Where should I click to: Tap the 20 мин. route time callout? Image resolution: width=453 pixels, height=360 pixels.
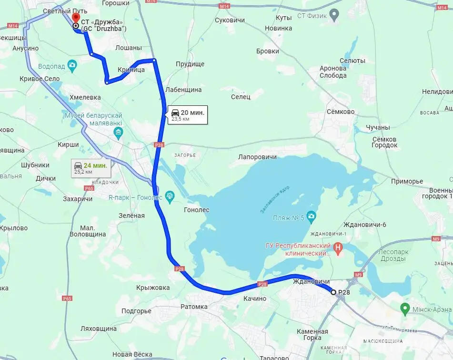pos(187,115)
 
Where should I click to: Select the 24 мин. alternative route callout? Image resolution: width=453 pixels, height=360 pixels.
pos(91,168)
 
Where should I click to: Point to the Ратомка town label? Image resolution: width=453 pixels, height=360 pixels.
pos(194,307)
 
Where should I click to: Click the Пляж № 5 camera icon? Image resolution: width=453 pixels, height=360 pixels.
pos(311,217)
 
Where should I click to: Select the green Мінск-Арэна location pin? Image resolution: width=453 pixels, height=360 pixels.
pos(404,309)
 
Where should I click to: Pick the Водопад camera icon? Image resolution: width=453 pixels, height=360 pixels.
pos(72,65)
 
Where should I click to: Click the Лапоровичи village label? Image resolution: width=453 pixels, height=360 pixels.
pos(257,156)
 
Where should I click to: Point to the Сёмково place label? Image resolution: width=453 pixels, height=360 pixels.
pos(341,112)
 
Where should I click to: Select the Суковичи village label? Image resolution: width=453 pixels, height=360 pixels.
pos(230,21)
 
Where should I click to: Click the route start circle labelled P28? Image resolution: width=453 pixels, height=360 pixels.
pos(333,292)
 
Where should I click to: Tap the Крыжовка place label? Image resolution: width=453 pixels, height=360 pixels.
pos(152,288)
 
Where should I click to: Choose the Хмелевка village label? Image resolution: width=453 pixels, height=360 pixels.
pos(85,97)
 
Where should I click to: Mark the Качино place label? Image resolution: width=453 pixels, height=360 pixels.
pos(254,298)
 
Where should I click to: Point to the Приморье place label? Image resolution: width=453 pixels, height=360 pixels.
pos(407,181)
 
